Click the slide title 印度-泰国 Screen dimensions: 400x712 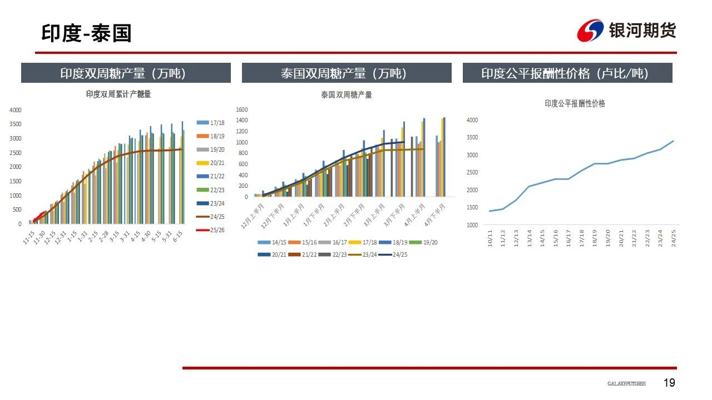tap(86, 33)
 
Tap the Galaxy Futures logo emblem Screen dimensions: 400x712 tap(590, 31)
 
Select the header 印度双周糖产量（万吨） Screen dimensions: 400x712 tap(126, 73)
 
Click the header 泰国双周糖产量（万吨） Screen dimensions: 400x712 tap(347, 73)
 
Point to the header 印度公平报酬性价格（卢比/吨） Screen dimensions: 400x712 tap(567, 73)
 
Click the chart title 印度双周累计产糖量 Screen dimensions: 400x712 tap(118, 94)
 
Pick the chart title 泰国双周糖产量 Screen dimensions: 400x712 tap(346, 95)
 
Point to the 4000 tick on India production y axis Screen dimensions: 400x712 tap(16, 110)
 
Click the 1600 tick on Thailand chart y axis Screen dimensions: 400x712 tap(241, 109)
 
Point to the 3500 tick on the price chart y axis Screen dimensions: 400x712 tap(472, 137)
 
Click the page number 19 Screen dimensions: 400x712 tap(669, 383)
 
